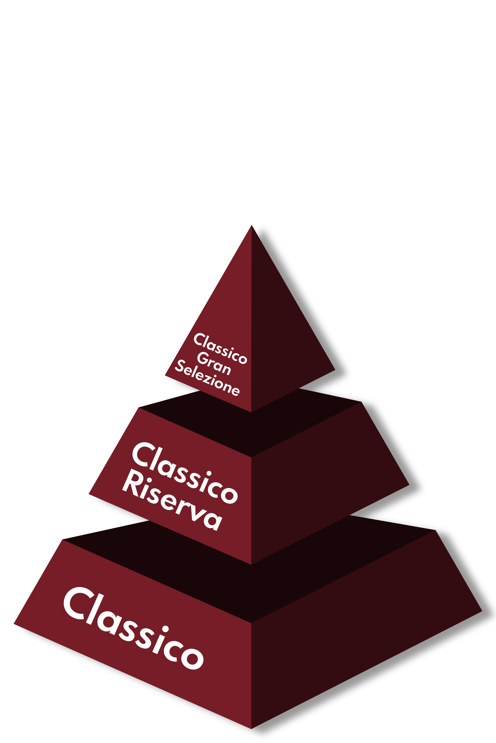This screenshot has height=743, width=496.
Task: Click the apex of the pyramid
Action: (x=252, y=225)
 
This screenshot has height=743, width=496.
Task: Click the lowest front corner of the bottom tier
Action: (x=251, y=729)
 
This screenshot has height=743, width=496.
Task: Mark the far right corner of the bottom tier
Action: (x=482, y=611)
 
